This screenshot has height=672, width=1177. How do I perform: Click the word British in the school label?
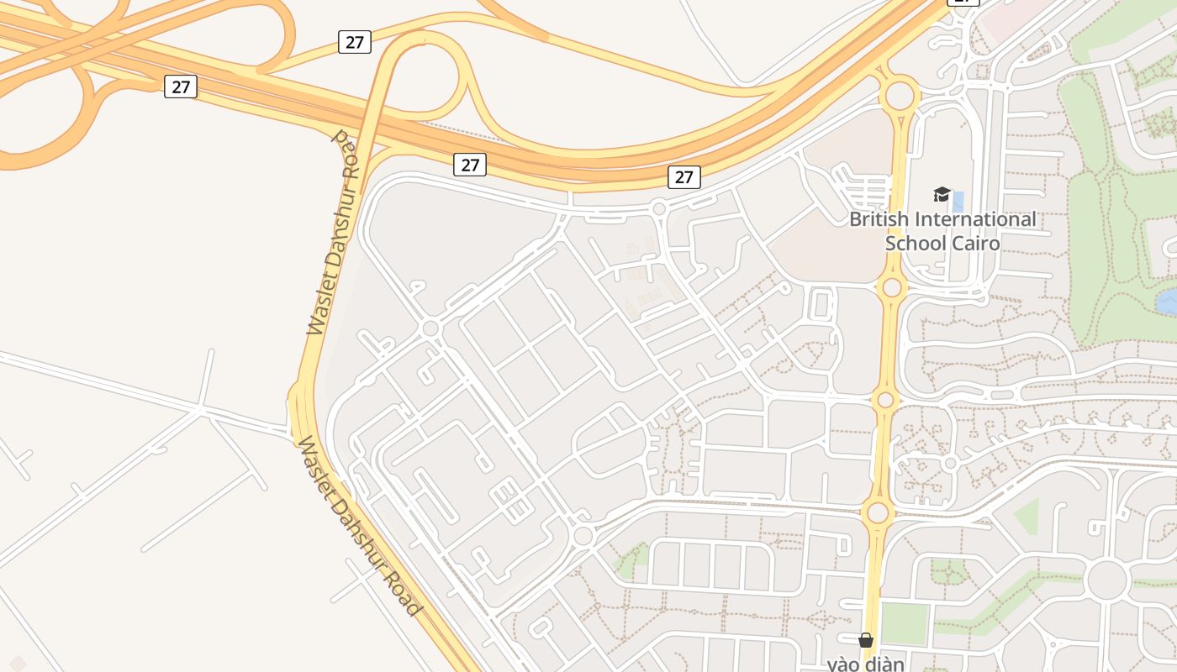(x=878, y=220)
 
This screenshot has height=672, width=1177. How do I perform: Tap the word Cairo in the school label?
(x=977, y=244)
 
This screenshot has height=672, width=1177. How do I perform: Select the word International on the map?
(x=974, y=220)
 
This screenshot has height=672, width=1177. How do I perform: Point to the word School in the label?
(x=916, y=244)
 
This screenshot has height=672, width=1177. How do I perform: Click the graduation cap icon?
(x=942, y=195)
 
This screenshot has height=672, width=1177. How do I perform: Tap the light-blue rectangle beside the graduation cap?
(x=958, y=202)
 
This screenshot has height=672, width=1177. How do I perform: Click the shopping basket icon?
(x=866, y=641)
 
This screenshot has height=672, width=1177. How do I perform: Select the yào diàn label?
(x=865, y=664)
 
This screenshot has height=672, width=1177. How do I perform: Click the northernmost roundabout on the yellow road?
(x=900, y=95)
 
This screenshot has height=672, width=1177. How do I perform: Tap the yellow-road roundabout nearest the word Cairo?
(x=892, y=288)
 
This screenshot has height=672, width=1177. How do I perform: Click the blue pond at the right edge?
(x=1166, y=301)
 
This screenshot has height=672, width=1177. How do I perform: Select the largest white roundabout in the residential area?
(x=1106, y=580)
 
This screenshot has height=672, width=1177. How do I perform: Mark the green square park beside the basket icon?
(x=905, y=624)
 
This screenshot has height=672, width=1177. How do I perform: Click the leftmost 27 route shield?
(x=181, y=87)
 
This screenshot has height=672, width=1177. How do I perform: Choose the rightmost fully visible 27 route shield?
(x=684, y=176)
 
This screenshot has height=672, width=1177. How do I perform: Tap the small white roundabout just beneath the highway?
(x=659, y=208)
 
